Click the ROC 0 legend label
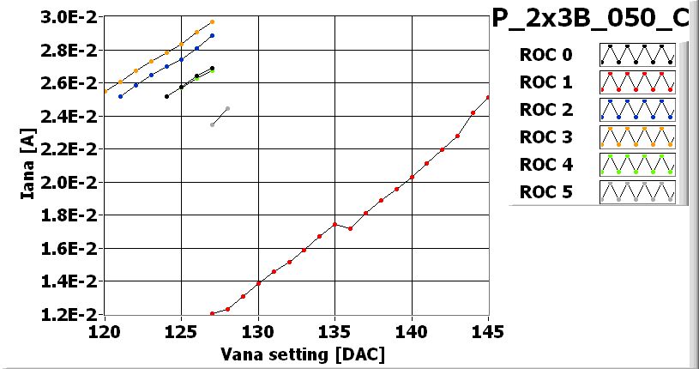(545, 55)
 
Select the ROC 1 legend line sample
(637, 82)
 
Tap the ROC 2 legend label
(545, 110)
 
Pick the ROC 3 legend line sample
(637, 136)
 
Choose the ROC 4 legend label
(545, 164)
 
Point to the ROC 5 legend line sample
(637, 191)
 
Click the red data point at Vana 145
(488, 97)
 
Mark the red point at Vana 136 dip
(350, 228)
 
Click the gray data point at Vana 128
(227, 108)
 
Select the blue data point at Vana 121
(120, 96)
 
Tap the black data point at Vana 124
(166, 96)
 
